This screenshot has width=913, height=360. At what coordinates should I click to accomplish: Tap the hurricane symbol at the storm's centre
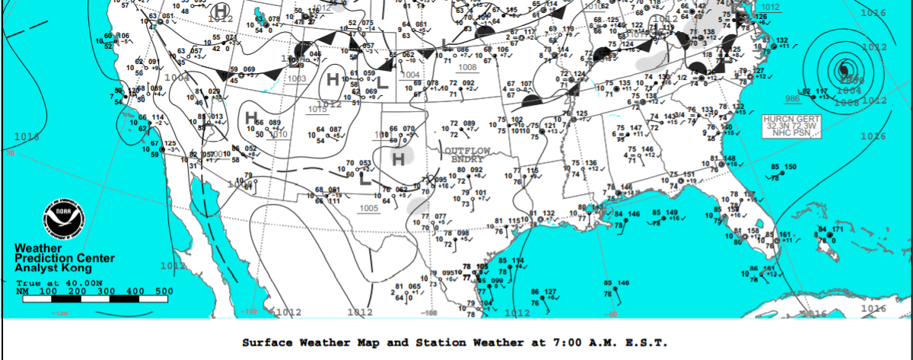843,72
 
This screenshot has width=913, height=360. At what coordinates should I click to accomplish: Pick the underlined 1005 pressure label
370,208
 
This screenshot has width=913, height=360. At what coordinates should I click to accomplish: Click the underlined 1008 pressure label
468,67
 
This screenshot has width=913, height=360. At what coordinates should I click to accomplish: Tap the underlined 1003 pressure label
297,78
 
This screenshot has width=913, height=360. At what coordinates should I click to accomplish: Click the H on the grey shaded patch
398,158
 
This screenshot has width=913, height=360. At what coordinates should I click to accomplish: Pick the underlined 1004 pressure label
410,75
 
